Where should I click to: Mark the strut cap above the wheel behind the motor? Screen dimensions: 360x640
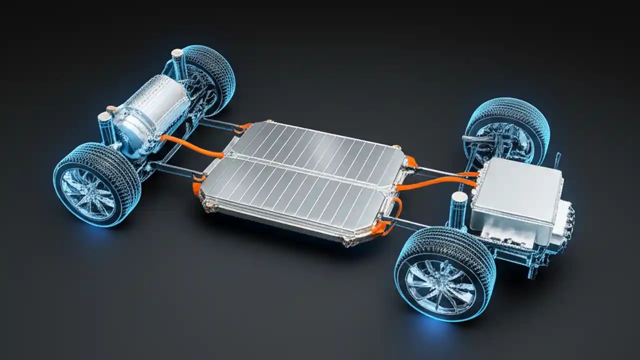coord(177,53)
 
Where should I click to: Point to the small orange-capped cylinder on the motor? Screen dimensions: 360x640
coord(111,109)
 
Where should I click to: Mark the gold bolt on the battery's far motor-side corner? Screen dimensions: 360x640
coord(269,121)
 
